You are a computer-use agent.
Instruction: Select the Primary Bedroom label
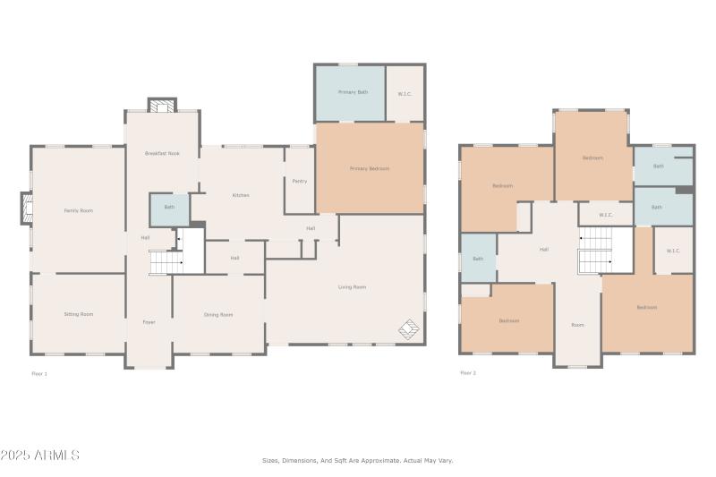point(370,168)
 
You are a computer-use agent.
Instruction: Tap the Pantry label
point(300,181)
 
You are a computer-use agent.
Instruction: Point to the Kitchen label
point(241,195)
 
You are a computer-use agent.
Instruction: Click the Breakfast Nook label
point(162,153)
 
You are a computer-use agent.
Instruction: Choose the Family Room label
point(79,210)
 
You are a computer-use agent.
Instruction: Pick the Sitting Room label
point(79,314)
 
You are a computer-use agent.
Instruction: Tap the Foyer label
point(149,321)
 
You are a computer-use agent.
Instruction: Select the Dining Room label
point(218,314)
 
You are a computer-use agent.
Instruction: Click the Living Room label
point(352,287)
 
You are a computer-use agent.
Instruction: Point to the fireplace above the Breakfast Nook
point(162,106)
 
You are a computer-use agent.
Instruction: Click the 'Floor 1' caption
point(39,373)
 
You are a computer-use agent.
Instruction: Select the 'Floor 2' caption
point(467,372)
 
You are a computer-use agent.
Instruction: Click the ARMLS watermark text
point(40,456)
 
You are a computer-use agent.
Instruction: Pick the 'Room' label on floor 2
point(577,325)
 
